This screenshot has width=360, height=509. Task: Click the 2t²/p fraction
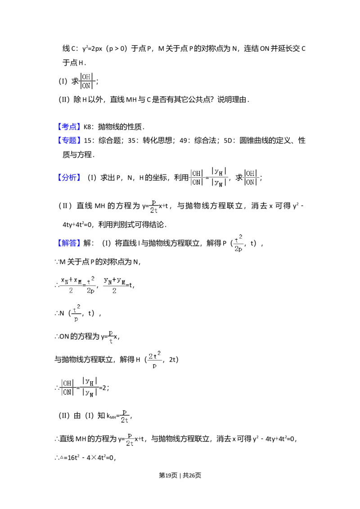155,360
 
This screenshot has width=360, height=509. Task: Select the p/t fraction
110,336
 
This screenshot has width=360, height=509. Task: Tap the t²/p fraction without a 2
76,313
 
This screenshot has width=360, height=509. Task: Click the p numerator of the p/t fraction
110,332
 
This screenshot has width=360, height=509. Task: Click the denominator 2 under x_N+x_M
71,290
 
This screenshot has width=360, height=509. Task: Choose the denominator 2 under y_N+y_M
114,290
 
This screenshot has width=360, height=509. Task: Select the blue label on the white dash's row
69,127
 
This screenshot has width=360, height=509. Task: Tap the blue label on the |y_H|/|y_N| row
69,178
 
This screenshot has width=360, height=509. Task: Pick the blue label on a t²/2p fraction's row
69,243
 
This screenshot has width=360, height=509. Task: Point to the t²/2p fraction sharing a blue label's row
238,243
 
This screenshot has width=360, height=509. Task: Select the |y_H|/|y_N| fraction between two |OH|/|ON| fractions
220,178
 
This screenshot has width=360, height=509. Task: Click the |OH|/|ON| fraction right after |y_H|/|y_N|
251,178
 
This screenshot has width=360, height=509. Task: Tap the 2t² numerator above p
155,356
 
